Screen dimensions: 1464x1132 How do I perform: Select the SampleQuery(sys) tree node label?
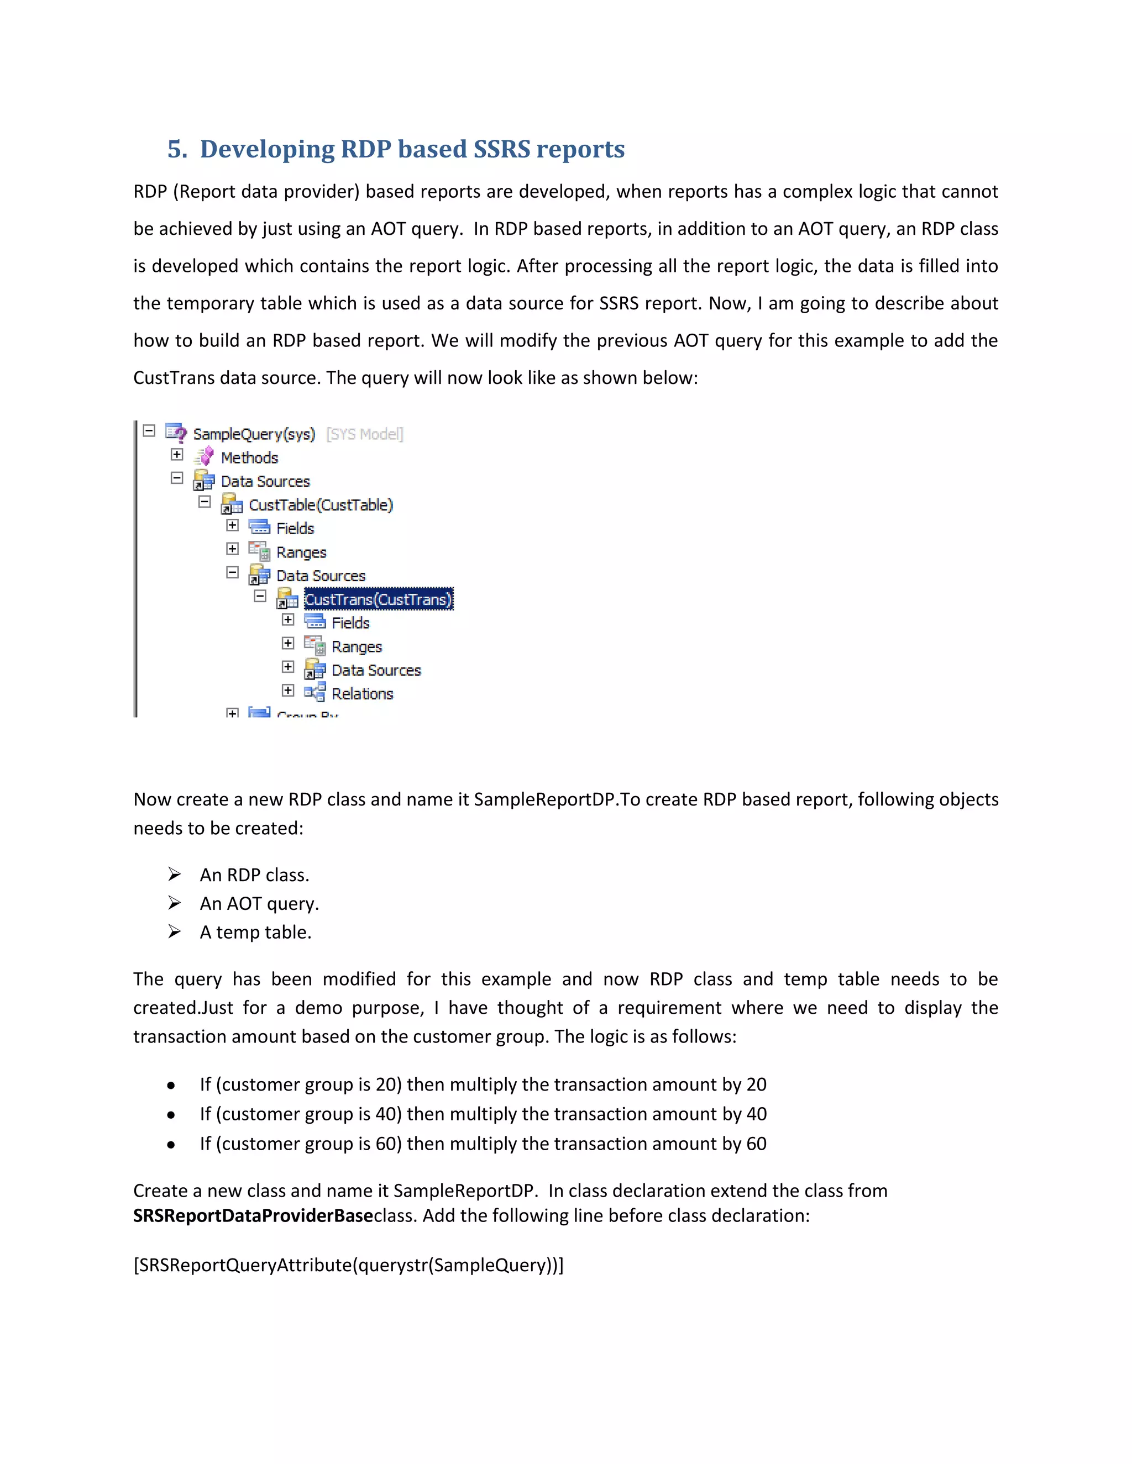[254, 434]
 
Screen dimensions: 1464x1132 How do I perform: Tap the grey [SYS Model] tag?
[364, 434]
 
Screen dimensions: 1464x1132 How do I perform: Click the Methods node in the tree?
[249, 458]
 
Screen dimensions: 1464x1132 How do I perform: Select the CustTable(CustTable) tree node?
[320, 505]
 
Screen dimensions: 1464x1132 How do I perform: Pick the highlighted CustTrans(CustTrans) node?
[378, 599]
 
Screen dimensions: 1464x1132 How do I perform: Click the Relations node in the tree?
[362, 694]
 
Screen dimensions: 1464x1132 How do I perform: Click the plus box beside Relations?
[287, 691]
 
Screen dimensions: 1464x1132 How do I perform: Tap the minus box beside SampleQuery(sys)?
[149, 430]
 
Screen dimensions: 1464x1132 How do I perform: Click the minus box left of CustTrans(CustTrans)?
[260, 596]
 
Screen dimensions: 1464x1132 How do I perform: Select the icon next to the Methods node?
[204, 457]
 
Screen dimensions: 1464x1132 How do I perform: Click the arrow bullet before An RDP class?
[174, 874]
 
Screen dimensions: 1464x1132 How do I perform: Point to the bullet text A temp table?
[255, 933]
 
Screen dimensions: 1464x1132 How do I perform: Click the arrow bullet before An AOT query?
[174, 903]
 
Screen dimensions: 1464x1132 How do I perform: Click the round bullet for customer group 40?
[172, 1115]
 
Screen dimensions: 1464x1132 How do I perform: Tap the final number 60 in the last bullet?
[756, 1144]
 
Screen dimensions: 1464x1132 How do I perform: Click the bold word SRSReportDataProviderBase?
[252, 1216]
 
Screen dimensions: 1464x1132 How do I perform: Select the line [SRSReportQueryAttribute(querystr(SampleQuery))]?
[348, 1265]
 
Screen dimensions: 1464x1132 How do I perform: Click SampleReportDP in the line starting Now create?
[544, 800]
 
